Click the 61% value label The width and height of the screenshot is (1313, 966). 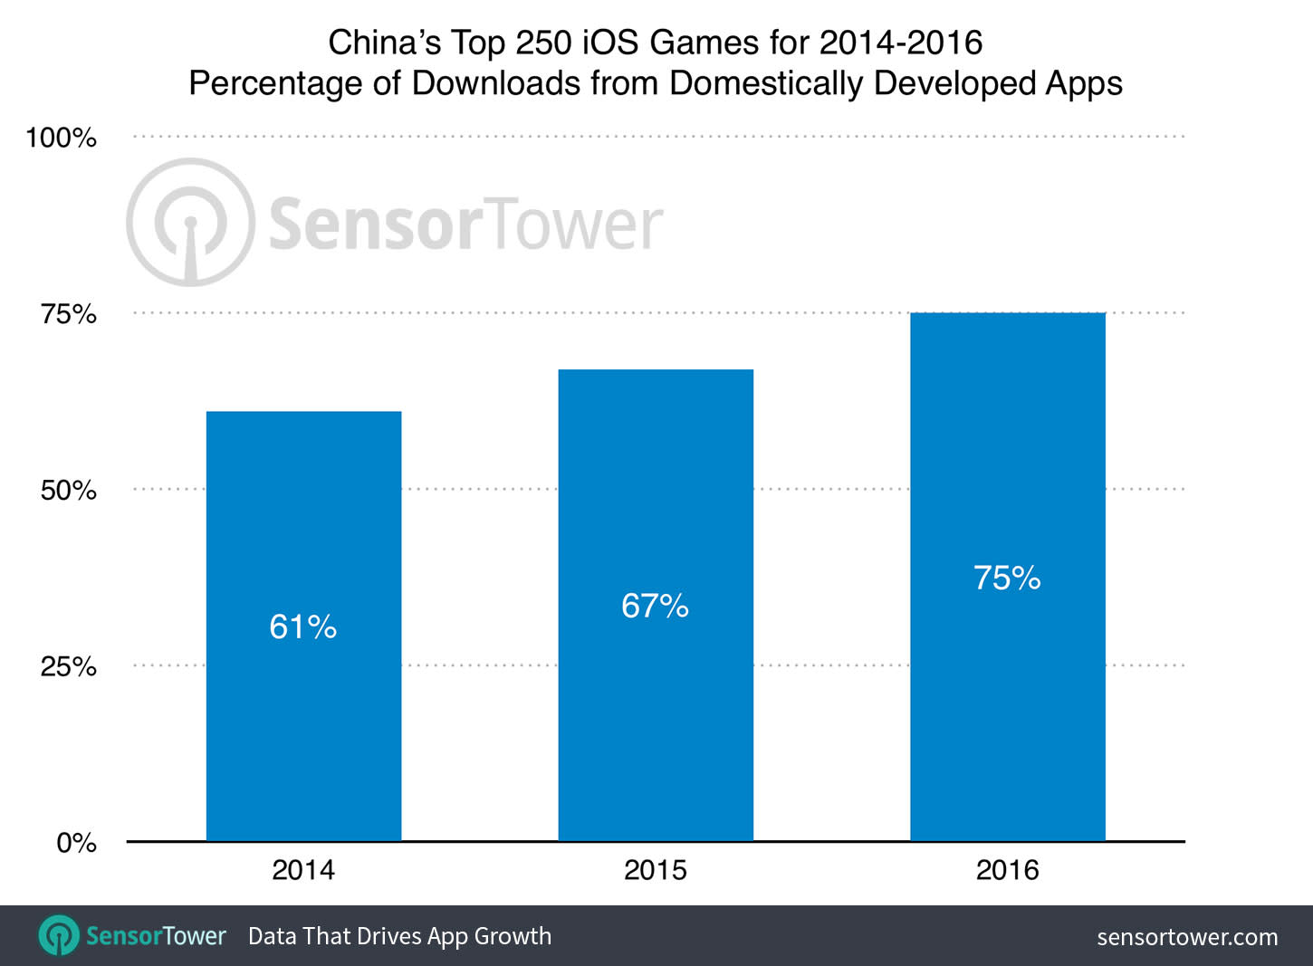tap(303, 626)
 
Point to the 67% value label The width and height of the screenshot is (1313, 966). tap(655, 606)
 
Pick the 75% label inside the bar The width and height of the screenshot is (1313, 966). tap(1007, 578)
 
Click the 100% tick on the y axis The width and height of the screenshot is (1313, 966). tap(61, 138)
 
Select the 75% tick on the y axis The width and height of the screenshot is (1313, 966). tap(68, 314)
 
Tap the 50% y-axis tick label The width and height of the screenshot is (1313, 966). tap(68, 490)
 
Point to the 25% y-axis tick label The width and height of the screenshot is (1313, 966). tap(68, 666)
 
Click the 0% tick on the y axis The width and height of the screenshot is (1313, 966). tap(76, 843)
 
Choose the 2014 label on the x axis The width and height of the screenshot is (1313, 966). tap(303, 870)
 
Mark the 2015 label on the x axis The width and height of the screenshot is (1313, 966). tap(656, 870)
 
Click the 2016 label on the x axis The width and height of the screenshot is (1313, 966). tap(1007, 870)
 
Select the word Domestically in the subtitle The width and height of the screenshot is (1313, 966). tap(766, 83)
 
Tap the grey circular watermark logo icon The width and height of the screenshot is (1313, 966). tap(190, 223)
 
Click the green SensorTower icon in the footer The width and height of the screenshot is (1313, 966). tap(60, 935)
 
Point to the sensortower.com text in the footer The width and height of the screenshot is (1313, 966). tap(1187, 937)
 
